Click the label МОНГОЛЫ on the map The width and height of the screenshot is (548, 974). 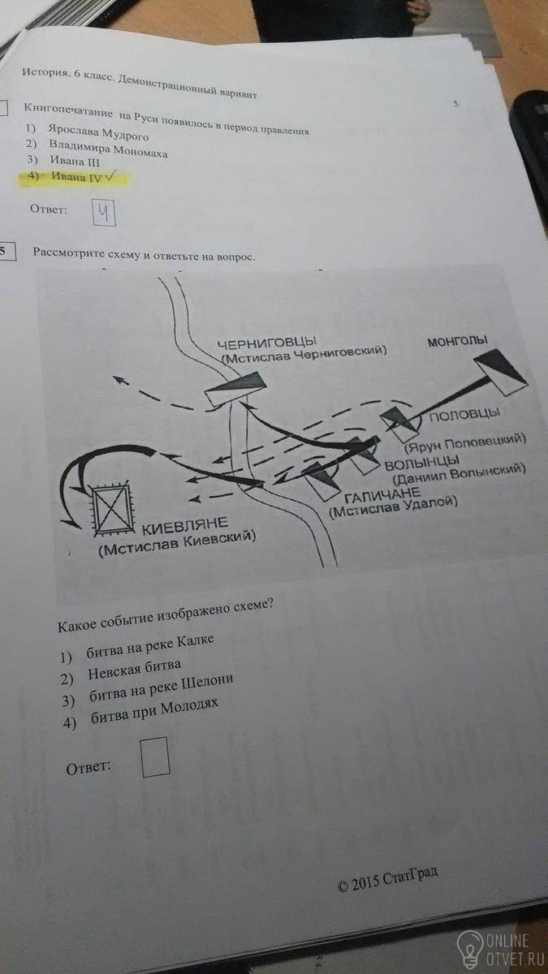point(457,342)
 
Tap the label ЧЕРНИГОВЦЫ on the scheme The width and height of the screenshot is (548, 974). point(266,343)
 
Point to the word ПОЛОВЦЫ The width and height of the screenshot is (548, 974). point(464,415)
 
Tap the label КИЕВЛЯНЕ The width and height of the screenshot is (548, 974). point(185,526)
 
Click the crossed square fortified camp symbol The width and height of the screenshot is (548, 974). point(112,508)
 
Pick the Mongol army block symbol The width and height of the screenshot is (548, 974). point(500,371)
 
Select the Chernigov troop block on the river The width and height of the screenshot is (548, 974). point(235,389)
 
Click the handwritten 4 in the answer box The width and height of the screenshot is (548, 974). point(104,213)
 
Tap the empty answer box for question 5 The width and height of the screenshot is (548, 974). point(155,756)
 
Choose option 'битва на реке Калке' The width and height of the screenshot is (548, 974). point(149,647)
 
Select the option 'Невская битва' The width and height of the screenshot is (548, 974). point(134,670)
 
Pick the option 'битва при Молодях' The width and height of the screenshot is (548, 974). point(154,713)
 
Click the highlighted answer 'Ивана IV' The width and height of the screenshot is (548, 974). point(76,177)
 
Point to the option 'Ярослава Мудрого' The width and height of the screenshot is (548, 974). point(98,132)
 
